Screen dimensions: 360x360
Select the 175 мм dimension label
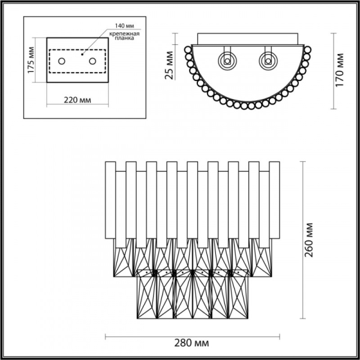[31, 59]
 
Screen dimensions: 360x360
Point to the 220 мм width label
[78, 100]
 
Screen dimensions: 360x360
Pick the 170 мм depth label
[340, 70]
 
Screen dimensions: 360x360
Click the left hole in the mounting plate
[62, 61]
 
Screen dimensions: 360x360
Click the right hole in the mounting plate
[92, 61]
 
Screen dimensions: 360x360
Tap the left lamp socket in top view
[227, 60]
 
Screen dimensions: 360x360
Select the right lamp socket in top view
[267, 60]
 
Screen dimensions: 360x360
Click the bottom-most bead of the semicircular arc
[248, 107]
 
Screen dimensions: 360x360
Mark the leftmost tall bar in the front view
[111, 198]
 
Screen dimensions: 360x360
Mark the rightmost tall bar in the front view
[274, 198]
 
